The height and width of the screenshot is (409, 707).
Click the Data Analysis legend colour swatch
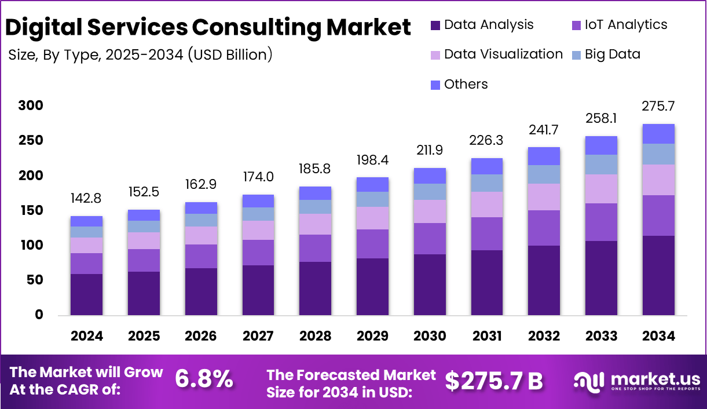tap(436, 25)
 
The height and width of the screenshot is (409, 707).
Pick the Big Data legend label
tap(613, 54)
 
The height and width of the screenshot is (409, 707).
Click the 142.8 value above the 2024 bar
tap(86, 199)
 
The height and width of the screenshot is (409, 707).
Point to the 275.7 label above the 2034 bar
tap(658, 107)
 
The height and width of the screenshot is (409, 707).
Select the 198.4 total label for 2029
tap(372, 159)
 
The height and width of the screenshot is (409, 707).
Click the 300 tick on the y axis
tap(31, 105)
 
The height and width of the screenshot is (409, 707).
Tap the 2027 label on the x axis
tap(258, 336)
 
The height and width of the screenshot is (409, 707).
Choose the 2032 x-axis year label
tap(544, 336)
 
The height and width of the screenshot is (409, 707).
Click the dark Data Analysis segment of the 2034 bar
tap(658, 275)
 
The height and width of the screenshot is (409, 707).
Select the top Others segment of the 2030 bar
tap(430, 176)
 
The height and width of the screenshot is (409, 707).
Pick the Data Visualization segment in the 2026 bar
tap(201, 235)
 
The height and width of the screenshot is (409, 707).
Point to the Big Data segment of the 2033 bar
tap(601, 165)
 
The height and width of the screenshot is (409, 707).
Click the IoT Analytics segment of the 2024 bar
tap(86, 264)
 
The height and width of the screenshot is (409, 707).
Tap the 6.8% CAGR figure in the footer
tap(204, 379)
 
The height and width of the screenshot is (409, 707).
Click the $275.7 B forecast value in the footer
tap(494, 381)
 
